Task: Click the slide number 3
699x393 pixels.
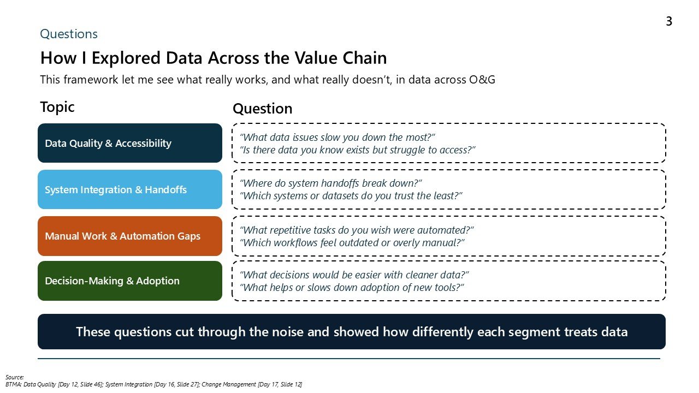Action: point(668,22)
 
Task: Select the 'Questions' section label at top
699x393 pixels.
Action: point(69,34)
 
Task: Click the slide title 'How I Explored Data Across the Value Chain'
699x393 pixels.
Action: point(214,58)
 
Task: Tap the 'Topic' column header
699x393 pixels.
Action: point(57,107)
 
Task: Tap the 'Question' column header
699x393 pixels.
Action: point(263,109)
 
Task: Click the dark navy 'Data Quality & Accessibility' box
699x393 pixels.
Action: point(130,143)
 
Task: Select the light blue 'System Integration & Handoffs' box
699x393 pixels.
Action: point(130,189)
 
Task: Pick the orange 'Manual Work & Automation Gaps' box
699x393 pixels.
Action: point(130,236)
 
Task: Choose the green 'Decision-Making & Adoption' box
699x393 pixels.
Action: point(130,281)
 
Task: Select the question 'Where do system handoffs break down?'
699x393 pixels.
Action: point(331,183)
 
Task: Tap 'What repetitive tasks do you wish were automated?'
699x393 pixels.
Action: point(357,230)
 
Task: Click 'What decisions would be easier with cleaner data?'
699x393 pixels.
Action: point(354,275)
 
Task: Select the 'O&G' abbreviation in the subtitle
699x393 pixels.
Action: point(482,80)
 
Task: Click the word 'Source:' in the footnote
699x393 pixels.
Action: point(15,377)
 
